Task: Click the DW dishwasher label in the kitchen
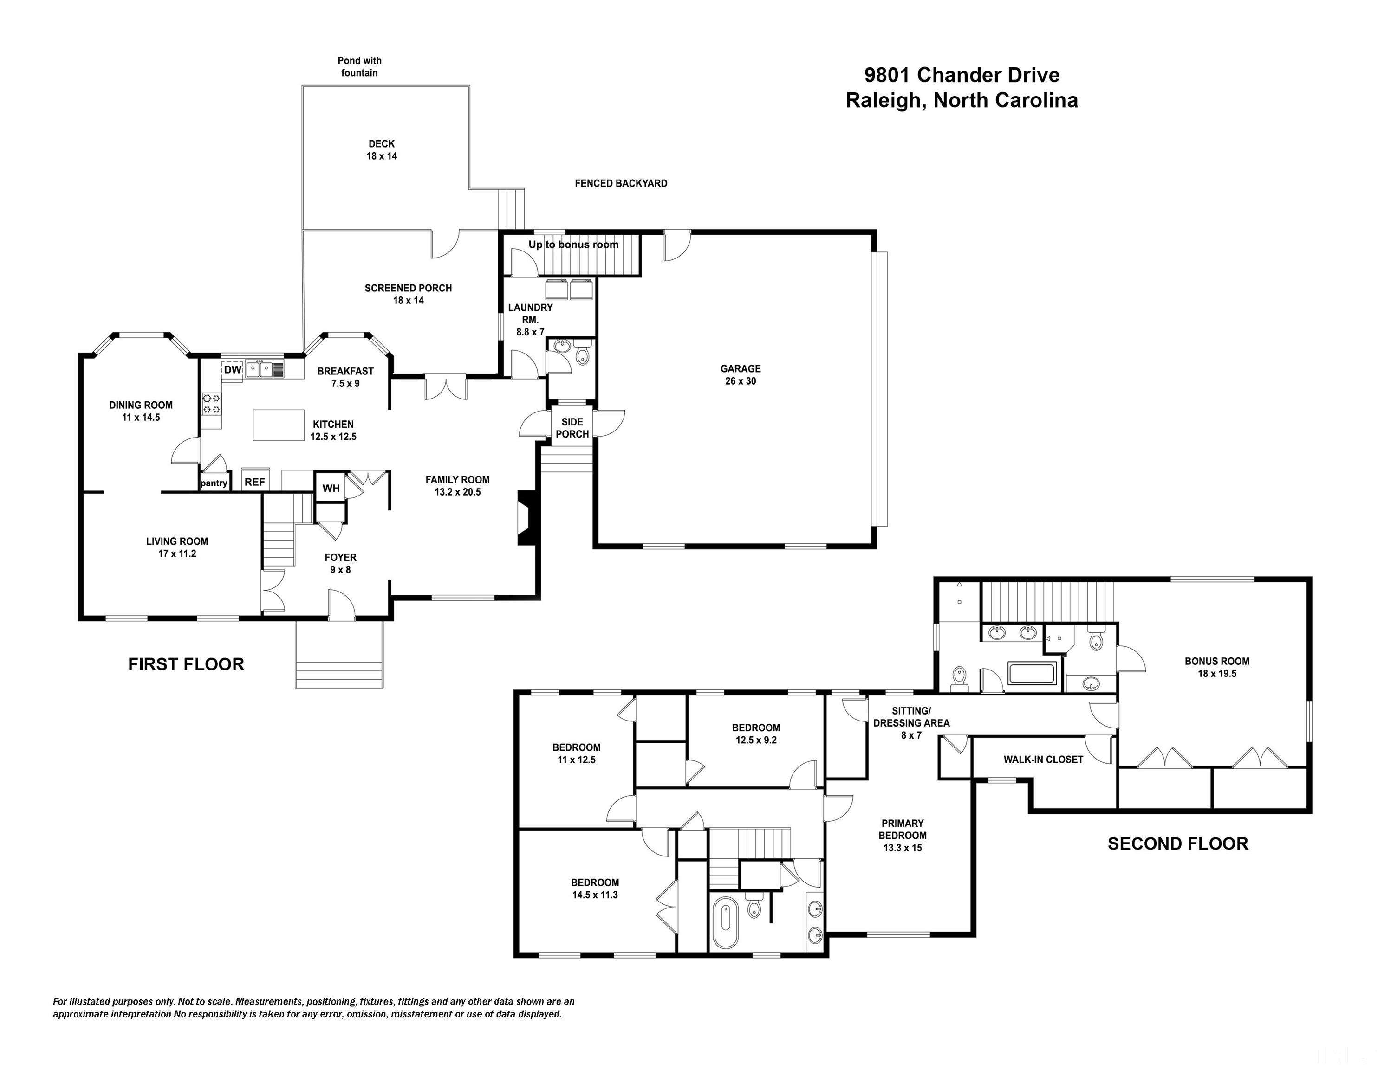233,370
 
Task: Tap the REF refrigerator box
255,481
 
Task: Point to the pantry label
214,483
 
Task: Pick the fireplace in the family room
528,518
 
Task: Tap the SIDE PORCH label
572,428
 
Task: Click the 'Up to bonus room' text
573,245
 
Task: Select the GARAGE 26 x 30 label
740,375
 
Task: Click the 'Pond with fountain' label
359,66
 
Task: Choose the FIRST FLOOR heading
186,664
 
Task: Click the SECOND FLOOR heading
1178,844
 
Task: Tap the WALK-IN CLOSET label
1043,760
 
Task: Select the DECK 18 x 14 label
382,150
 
